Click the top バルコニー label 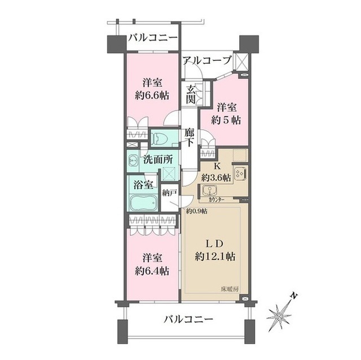tap(152, 38)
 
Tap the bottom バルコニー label tap(189, 319)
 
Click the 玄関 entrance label tap(191, 94)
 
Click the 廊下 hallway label tap(190, 137)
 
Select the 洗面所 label tap(158, 159)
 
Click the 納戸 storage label tap(169, 193)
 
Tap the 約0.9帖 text tap(197, 211)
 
